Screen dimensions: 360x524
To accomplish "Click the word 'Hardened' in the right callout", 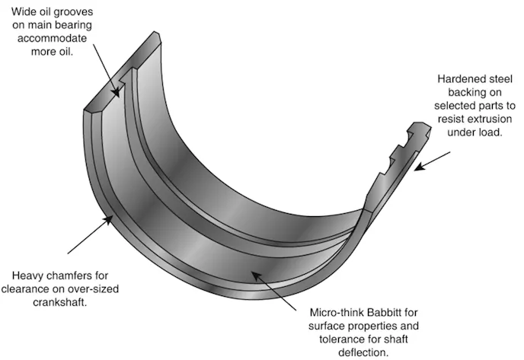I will pos(459,78).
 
